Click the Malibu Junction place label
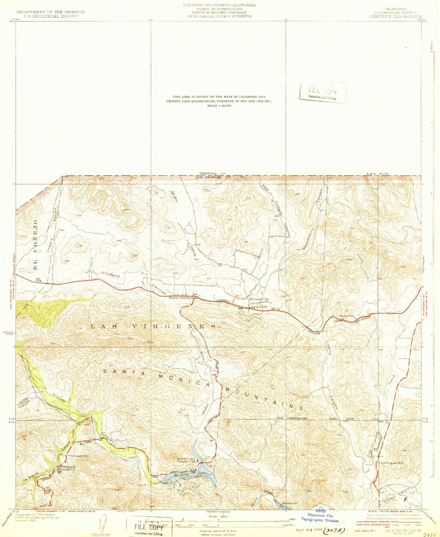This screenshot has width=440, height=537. tap(181, 298)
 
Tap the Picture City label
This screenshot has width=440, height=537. tap(259, 299)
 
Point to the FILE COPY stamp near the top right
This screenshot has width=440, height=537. tap(323, 91)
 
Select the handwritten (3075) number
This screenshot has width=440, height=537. tap(334, 530)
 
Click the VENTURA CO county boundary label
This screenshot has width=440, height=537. tap(212, 173)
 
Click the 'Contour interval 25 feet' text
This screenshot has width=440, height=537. tap(218, 531)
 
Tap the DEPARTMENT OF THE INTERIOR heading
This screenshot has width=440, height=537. tap(51, 12)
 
